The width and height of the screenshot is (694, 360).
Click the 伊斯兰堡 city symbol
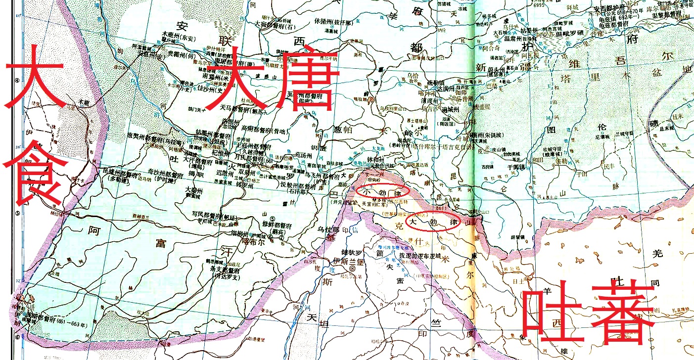(x=352, y=268)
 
